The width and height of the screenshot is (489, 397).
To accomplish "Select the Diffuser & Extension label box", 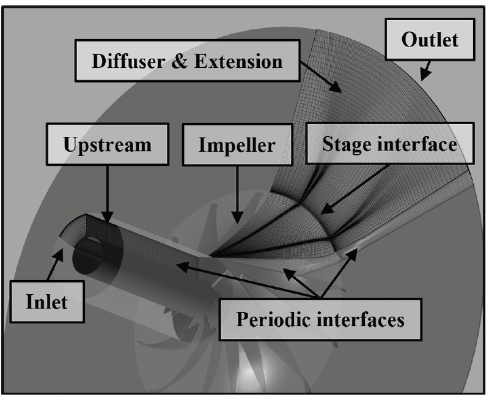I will [x=187, y=61].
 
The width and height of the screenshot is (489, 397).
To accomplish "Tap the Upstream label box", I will [x=107, y=144].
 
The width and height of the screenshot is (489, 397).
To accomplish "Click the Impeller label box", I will [x=236, y=146].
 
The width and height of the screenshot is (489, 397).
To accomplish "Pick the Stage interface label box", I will [x=389, y=145].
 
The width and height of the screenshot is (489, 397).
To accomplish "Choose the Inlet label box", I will [x=46, y=302].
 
